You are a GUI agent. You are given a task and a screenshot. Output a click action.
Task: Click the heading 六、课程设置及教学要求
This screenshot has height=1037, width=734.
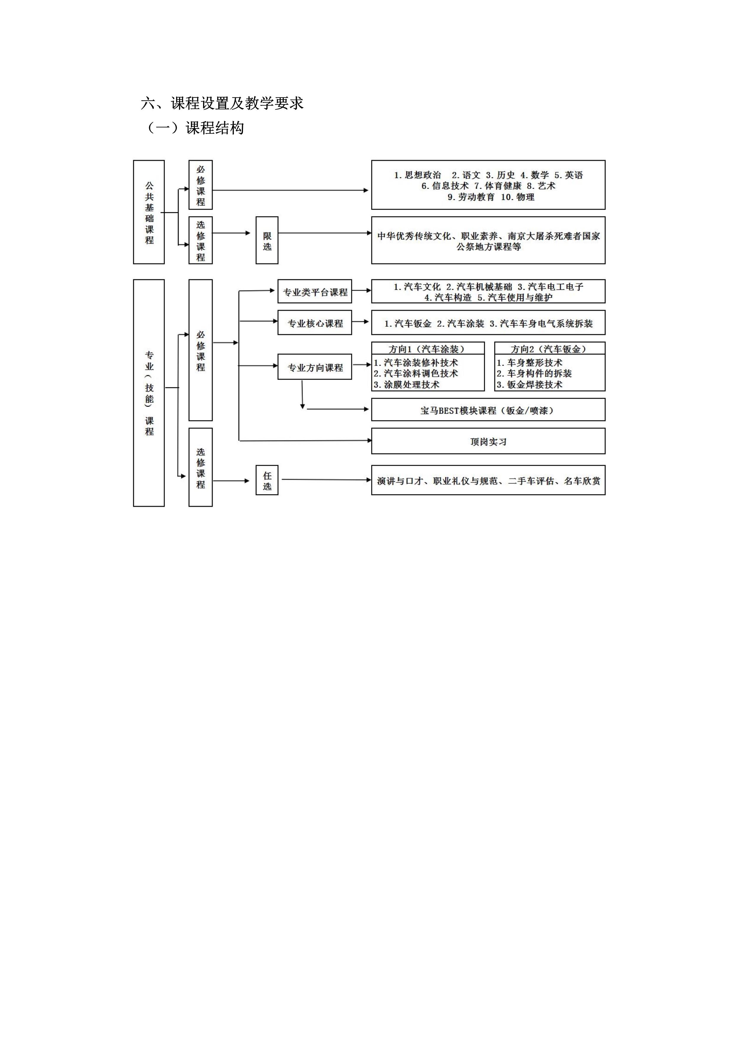coord(222,103)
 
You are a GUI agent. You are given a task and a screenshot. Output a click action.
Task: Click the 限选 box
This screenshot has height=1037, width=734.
coord(267,240)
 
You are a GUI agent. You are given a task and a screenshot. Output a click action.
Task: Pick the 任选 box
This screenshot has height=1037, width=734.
coord(267,480)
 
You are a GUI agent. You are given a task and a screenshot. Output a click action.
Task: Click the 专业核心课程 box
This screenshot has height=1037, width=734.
coord(315,323)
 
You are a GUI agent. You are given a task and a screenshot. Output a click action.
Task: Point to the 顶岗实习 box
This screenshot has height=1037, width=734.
coord(488,441)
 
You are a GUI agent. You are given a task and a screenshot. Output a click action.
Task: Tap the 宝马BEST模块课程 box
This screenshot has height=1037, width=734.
coord(488,410)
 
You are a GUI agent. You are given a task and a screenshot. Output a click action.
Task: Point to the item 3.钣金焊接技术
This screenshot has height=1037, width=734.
coord(530,385)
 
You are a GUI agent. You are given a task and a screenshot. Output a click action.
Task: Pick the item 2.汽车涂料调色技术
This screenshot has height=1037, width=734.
coord(416,373)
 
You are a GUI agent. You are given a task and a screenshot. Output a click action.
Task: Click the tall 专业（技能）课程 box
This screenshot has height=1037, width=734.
coord(149,393)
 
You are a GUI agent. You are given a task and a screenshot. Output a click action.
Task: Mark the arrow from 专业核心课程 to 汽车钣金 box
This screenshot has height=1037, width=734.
coord(361,322)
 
